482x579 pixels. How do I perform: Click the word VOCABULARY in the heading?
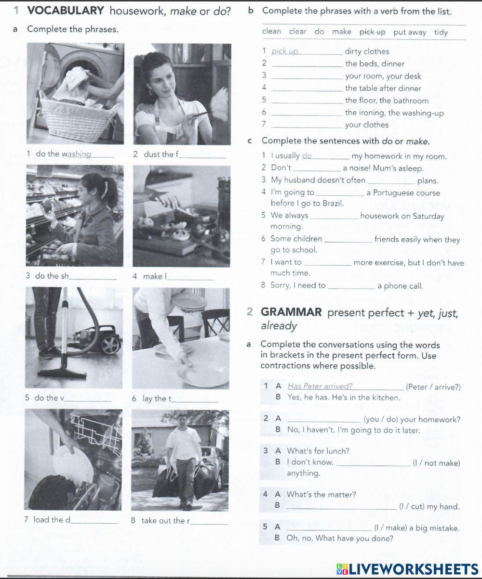66,10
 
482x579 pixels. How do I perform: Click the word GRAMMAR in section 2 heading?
291,312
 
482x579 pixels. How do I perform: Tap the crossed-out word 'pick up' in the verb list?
373,32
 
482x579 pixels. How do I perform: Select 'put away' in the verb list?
410,32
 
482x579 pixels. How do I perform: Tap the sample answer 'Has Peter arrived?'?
320,386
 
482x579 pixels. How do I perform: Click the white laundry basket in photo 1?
77,118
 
